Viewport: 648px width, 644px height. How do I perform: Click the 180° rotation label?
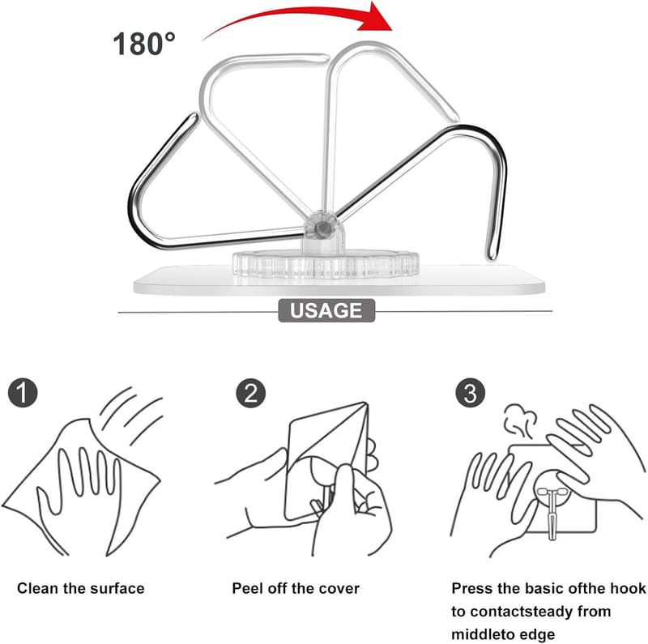pos(144,44)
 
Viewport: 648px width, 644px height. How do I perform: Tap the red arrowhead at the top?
pos(375,17)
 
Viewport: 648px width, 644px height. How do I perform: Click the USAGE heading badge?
pos(326,310)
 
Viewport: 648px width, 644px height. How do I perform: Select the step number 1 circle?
pos(23,393)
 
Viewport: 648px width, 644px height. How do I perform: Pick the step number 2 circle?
pos(251,393)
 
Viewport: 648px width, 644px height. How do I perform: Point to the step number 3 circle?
pos(471,393)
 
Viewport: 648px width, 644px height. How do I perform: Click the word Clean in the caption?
pos(37,588)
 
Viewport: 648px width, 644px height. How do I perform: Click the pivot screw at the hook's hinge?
pos(322,228)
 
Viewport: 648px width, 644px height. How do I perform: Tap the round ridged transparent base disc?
pos(326,263)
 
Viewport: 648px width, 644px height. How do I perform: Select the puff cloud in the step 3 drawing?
pos(520,420)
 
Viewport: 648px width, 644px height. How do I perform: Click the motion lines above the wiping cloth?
pos(132,413)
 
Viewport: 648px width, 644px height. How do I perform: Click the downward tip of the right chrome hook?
pos(492,256)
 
